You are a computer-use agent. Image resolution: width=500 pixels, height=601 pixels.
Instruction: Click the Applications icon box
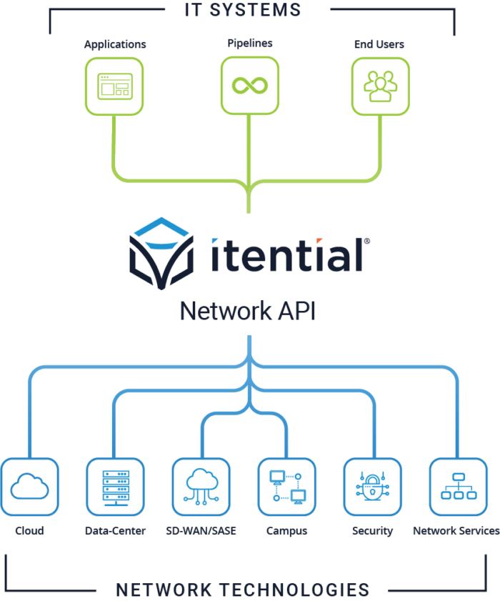tap(114, 86)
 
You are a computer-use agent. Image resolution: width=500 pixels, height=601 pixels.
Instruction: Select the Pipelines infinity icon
tap(249, 86)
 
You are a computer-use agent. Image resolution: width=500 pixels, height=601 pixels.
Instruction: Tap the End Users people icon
tap(380, 86)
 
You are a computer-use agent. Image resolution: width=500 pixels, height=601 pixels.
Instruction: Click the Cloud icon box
tap(29, 487)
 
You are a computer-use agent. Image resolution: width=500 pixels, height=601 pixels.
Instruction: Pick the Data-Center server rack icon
tap(115, 487)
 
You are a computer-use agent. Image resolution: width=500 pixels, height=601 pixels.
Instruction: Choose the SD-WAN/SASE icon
tap(201, 487)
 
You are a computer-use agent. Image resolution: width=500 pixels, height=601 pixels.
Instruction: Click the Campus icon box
tap(286, 487)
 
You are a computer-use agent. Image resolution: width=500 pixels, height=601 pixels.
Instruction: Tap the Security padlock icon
tap(372, 487)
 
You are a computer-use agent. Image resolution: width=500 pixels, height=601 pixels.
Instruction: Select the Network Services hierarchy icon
tap(458, 487)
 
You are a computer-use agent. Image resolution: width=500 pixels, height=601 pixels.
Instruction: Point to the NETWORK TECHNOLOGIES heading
tap(243, 590)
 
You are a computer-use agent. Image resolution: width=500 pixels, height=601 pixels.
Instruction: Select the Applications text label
tap(115, 44)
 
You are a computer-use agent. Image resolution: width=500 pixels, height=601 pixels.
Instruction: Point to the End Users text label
tap(379, 44)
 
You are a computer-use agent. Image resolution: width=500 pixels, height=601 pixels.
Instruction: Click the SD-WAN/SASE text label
tap(201, 531)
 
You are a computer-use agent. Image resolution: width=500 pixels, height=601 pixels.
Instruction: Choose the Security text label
tap(372, 531)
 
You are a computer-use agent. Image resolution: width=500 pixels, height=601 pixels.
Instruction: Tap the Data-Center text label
tap(115, 531)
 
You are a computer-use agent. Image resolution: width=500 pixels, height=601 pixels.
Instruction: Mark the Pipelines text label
tap(249, 44)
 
